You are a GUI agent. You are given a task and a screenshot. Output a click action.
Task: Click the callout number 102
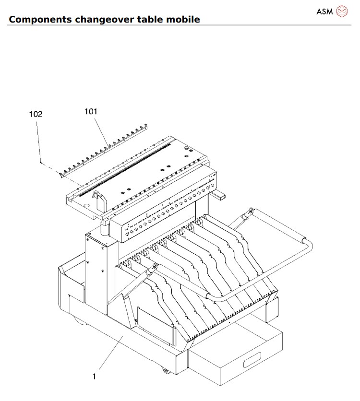tap(36, 114)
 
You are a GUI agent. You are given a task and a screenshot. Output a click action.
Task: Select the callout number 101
tap(91, 111)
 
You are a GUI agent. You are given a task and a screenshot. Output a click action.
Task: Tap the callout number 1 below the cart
tap(94, 377)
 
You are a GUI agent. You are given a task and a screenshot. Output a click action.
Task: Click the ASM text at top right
tap(324, 11)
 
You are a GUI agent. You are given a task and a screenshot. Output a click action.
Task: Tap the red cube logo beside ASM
tap(341, 11)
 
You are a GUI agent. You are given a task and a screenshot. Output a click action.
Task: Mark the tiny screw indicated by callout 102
tap(41, 163)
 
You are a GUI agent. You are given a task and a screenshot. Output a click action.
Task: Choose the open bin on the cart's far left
tap(72, 278)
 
